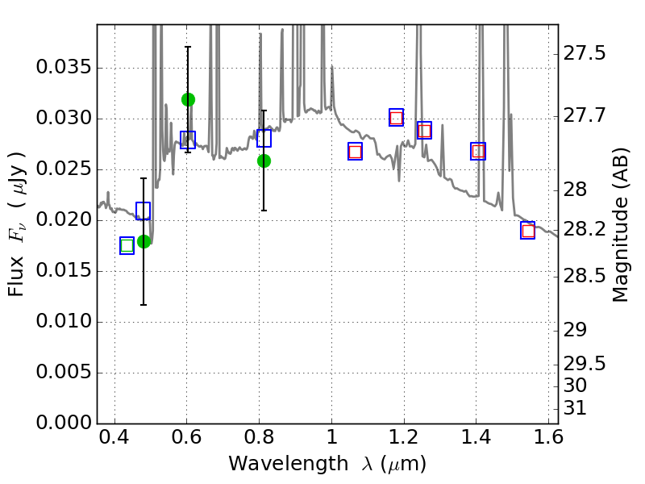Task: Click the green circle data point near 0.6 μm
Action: (188, 99)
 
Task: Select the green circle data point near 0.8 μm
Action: (264, 161)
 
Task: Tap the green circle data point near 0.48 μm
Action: (144, 241)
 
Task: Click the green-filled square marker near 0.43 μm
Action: (127, 246)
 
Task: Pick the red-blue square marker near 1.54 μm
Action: (528, 231)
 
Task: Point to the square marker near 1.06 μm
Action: (355, 152)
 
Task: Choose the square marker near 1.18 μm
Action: (396, 118)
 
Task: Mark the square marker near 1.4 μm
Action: (478, 151)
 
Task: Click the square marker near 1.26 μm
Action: (424, 131)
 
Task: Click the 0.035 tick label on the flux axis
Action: (62, 68)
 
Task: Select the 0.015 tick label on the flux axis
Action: (62, 271)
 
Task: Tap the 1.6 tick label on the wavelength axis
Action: (548, 441)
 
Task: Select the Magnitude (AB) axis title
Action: (620, 241)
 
